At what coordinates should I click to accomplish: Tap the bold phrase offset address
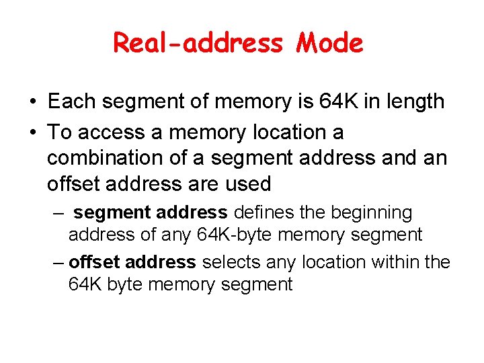132,261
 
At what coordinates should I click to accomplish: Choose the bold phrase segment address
151,212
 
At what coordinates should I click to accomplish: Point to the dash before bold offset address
58,261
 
